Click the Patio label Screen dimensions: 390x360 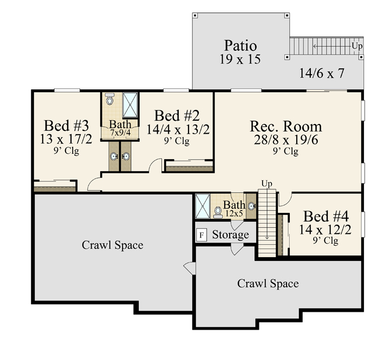pyautogui.click(x=240, y=45)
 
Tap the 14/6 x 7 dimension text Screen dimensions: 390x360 pyautogui.click(x=322, y=73)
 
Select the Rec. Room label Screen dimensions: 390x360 pyautogui.click(x=286, y=126)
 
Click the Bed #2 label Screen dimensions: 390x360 pyautogui.click(x=177, y=116)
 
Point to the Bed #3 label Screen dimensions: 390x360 pyautogui.click(x=67, y=125)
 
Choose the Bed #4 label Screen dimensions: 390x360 pyautogui.click(x=326, y=216)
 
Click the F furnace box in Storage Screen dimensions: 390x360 pyautogui.click(x=201, y=235)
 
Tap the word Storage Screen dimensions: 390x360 pyautogui.click(x=230, y=235)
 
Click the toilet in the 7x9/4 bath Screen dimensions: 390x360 pyautogui.click(x=109, y=99)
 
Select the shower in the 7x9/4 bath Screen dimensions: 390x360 pyautogui.click(x=130, y=104)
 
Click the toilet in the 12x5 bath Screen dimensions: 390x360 pyautogui.click(x=218, y=212)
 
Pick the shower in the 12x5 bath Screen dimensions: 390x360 pyautogui.click(x=203, y=206)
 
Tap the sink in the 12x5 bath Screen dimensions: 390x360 pyautogui.click(x=251, y=206)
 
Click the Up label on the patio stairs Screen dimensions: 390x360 pyautogui.click(x=357, y=46)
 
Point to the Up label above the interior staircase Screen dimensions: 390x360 pyautogui.click(x=266, y=184)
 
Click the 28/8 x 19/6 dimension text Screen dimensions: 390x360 pyautogui.click(x=286, y=140)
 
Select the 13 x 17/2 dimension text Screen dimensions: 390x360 pyautogui.click(x=66, y=139)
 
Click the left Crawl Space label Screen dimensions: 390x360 pyautogui.click(x=113, y=245)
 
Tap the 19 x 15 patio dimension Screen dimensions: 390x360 pyautogui.click(x=240, y=59)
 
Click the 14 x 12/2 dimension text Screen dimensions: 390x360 pyautogui.click(x=325, y=230)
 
